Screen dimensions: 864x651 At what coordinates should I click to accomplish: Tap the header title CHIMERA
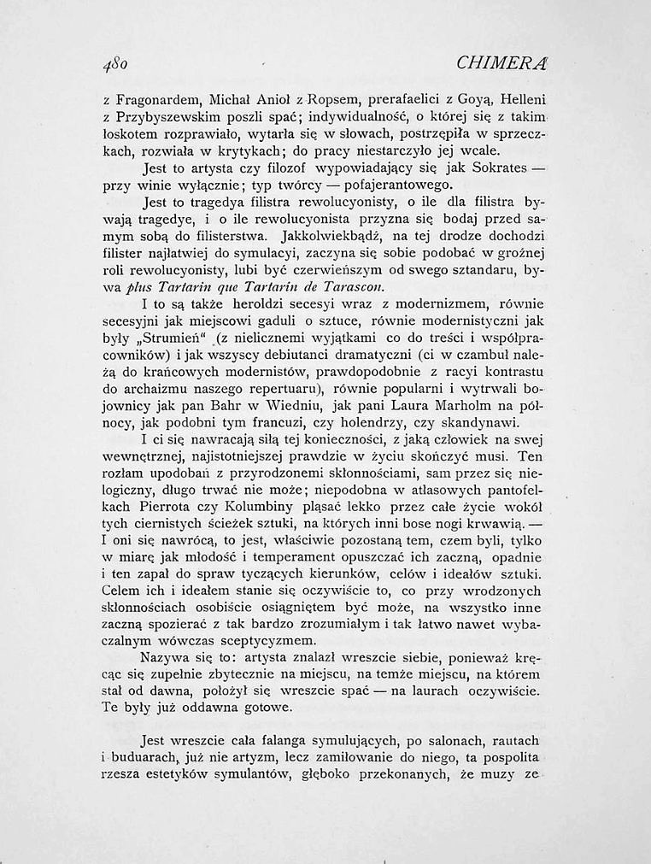pos(503,62)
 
